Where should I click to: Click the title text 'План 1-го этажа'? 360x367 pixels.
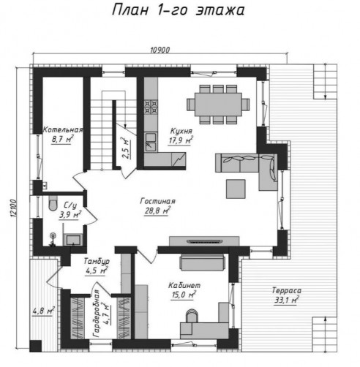click(179, 10)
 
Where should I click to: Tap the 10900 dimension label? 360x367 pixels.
click(160, 50)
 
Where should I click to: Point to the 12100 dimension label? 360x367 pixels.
click(13, 208)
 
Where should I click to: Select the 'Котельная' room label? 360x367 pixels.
click(63, 129)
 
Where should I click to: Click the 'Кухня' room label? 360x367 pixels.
click(181, 131)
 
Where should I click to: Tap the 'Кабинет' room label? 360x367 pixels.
click(184, 285)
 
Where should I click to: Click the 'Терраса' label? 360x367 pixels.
click(287, 290)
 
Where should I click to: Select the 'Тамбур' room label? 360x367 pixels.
click(97, 261)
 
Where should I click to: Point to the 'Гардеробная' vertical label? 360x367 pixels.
click(97, 314)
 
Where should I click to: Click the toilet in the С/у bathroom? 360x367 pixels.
click(53, 203)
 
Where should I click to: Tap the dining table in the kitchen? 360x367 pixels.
click(218, 105)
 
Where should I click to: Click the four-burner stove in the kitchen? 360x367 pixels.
click(151, 107)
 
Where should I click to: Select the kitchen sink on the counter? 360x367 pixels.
click(151, 142)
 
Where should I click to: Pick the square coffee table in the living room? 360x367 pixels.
click(236, 189)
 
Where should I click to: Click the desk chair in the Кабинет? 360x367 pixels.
click(192, 316)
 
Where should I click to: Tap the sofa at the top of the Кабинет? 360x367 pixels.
click(202, 262)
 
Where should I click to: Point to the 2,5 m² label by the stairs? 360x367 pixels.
click(126, 148)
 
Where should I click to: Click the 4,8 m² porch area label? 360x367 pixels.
click(43, 311)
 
